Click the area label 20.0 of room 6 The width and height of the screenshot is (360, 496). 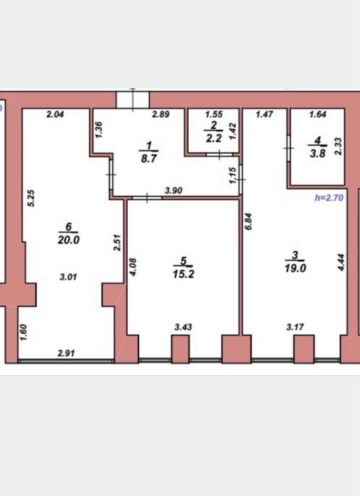click(68, 240)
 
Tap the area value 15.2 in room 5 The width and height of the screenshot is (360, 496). click(184, 274)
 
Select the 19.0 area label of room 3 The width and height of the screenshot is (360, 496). click(295, 268)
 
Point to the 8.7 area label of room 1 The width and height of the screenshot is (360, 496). click(149, 158)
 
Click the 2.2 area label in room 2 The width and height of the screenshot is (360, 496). click(214, 138)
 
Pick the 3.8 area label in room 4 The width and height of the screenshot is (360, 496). click(317, 154)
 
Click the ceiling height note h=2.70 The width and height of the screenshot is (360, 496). click(329, 198)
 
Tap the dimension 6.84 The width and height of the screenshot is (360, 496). click(249, 221)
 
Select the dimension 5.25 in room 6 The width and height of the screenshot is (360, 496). click(31, 198)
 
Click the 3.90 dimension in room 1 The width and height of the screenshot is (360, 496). click(174, 190)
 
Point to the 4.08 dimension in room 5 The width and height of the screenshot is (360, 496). click(133, 268)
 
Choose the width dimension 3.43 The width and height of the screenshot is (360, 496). click(183, 327)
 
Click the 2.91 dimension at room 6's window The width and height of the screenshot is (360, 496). click(66, 353)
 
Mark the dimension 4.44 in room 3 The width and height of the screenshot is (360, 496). click(341, 263)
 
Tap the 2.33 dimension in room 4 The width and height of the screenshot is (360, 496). click(338, 146)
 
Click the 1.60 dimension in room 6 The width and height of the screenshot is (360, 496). click(23, 333)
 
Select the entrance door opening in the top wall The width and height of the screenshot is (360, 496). click(133, 100)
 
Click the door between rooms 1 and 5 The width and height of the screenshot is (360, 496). click(147, 198)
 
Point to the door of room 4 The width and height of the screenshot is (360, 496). click(289, 148)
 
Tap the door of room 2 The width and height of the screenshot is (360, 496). click(219, 155)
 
